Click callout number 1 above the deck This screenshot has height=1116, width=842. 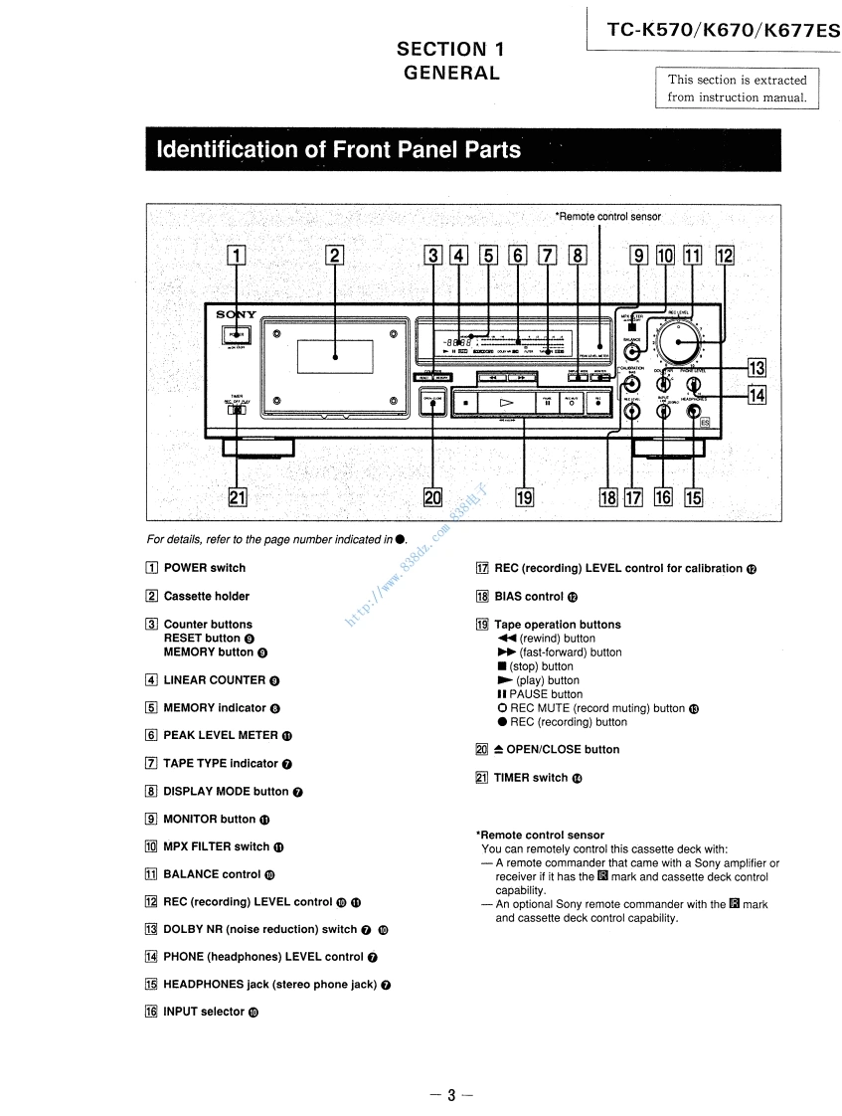click(236, 256)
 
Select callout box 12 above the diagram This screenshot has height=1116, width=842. click(724, 256)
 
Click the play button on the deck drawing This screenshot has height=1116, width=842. click(506, 403)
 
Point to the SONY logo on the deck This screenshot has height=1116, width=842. click(237, 315)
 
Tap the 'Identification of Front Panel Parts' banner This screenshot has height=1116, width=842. click(339, 150)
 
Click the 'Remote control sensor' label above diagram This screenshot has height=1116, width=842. click(607, 216)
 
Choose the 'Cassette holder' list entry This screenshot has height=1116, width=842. click(206, 596)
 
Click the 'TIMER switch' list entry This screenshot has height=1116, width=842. click(530, 778)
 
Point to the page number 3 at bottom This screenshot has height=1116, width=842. click(449, 1094)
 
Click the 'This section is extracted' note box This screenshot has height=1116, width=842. click(737, 88)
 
